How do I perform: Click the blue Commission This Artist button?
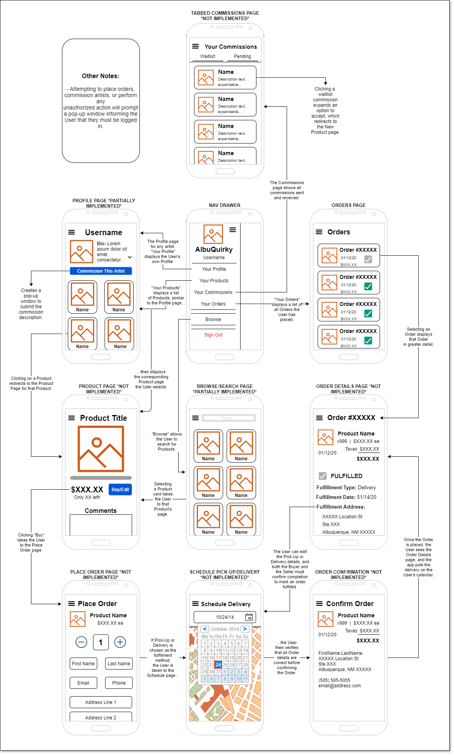101,271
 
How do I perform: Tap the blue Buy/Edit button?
120,489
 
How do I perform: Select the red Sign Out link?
213,335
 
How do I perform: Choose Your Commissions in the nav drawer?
213,292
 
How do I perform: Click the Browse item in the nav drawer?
213,319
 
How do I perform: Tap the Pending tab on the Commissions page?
242,56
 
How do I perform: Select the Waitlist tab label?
208,56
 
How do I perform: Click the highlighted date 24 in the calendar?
218,664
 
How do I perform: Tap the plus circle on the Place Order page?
120,642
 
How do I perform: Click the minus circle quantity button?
81,642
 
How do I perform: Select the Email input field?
83,683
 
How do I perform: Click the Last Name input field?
119,663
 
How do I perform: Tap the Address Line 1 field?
101,702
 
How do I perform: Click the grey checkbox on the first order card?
368,259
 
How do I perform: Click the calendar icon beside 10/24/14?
249,617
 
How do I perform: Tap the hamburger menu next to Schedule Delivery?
195,604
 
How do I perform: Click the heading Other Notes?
101,76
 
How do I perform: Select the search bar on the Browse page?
229,418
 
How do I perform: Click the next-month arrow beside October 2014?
245,629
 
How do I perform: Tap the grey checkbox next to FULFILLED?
322,476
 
